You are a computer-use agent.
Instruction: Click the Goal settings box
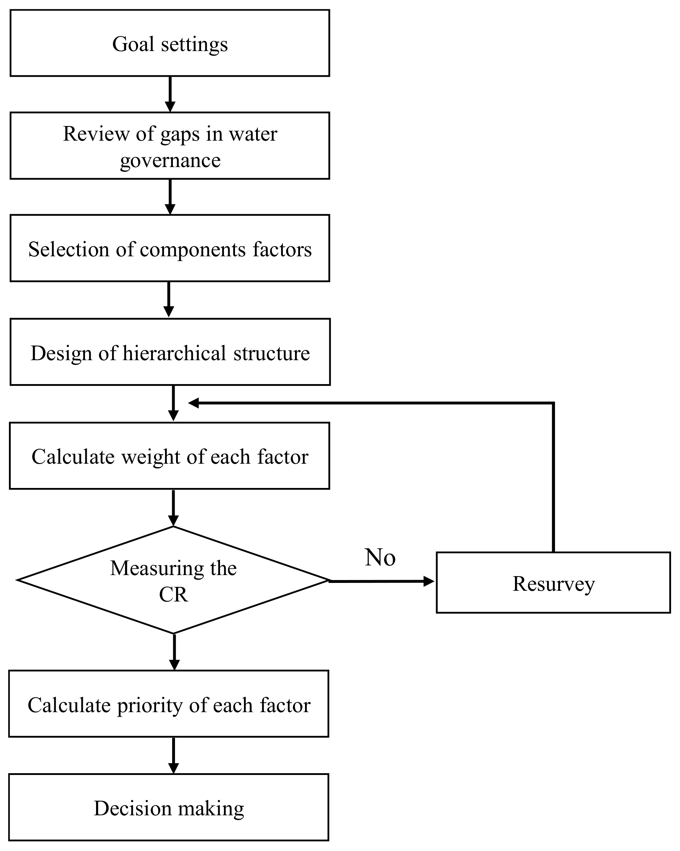[170, 44]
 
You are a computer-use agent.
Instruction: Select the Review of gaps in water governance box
[170, 146]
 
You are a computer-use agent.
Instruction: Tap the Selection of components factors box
[170, 249]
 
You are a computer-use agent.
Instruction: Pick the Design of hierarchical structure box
[170, 352]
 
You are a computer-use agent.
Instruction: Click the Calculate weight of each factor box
[170, 456]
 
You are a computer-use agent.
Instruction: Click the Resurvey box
[553, 583]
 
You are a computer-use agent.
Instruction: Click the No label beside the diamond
[380, 557]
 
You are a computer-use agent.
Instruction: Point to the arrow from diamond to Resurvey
[381, 581]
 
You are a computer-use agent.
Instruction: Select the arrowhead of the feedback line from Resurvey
[194, 403]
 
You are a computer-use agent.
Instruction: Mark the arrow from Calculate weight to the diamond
[173, 508]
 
